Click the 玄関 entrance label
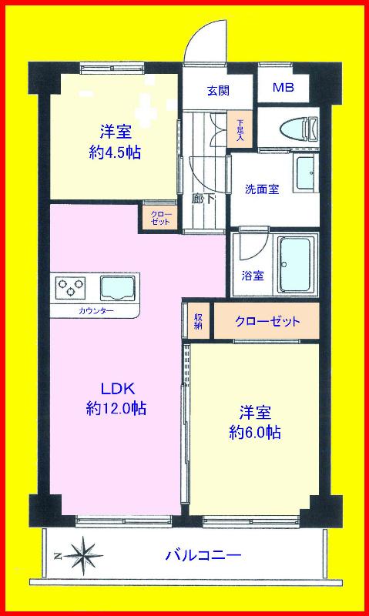click(218, 89)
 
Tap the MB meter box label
click(283, 88)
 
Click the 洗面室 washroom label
click(262, 189)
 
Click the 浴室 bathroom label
click(253, 275)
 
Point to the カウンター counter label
click(96, 311)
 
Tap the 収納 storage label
click(199, 321)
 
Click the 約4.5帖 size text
click(114, 152)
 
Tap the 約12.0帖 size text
click(116, 408)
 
